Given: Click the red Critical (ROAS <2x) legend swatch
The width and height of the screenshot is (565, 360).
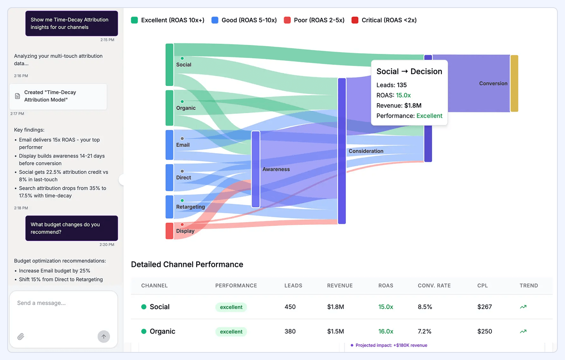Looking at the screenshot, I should [355, 20].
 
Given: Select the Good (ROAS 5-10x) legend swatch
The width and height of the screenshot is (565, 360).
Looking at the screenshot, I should [215, 20].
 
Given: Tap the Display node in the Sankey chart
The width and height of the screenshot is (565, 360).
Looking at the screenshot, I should [169, 231].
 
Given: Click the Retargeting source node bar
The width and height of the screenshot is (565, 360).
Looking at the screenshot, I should [169, 207].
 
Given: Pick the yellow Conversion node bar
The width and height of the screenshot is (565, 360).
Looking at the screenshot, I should [514, 83].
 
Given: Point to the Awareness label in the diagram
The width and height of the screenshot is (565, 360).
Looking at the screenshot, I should [276, 169].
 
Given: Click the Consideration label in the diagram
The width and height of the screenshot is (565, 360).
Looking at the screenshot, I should [366, 151].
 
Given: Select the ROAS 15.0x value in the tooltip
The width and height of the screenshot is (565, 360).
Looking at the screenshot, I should [403, 95].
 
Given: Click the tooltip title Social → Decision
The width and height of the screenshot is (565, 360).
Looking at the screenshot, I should [409, 71].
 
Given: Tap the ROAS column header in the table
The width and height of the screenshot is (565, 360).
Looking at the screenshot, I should [386, 285].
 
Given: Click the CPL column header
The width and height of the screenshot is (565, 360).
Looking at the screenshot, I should [482, 285].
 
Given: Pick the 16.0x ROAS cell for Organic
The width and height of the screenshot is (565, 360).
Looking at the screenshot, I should [386, 331].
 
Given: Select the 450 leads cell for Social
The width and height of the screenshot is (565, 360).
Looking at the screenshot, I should [290, 307].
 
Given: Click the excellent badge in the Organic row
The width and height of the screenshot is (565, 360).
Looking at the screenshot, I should [231, 331].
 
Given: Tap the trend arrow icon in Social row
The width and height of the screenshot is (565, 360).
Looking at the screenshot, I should [523, 307].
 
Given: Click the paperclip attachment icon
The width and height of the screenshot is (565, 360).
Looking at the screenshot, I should [21, 336].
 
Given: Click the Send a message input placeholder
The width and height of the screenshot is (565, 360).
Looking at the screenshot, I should [41, 303].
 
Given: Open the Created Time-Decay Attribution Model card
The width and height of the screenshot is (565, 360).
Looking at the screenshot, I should [58, 96].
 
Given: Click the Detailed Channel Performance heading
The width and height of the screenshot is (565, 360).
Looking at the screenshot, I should [187, 264].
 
